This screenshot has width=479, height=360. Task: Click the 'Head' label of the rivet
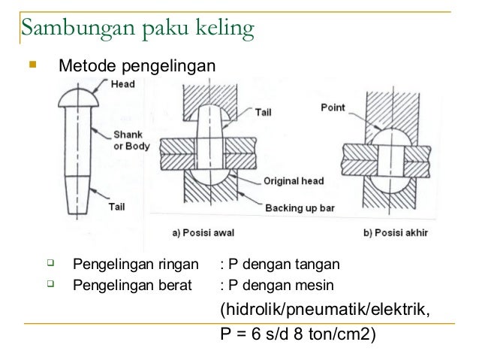(x=123, y=84)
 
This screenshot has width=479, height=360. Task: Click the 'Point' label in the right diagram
(x=333, y=107)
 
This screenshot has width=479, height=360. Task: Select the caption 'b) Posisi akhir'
(x=395, y=232)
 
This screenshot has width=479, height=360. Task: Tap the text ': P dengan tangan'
(x=280, y=265)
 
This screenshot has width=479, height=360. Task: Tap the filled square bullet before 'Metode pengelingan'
(x=31, y=68)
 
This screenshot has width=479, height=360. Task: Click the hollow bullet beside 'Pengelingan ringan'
(x=50, y=263)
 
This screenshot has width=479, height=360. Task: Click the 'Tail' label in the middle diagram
(x=263, y=111)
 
